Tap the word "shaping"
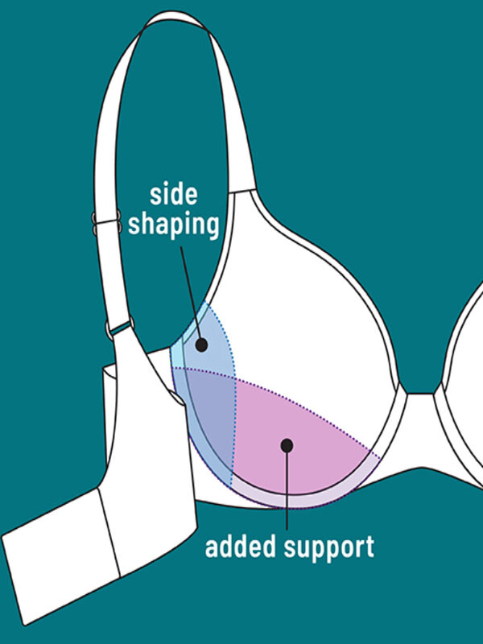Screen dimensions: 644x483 click(175, 225)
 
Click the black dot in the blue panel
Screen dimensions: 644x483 click(201, 345)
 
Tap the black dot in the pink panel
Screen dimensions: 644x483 click(286, 444)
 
